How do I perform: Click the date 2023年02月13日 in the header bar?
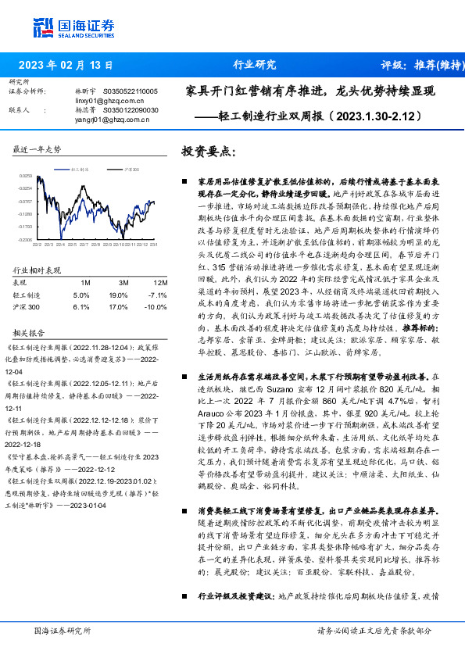coord(66,65)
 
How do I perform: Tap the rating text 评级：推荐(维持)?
coord(419,65)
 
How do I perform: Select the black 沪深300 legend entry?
coord(131,169)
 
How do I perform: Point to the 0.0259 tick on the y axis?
coord(25,177)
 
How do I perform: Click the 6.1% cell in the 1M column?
coord(81,307)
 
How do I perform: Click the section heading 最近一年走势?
coord(38,149)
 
